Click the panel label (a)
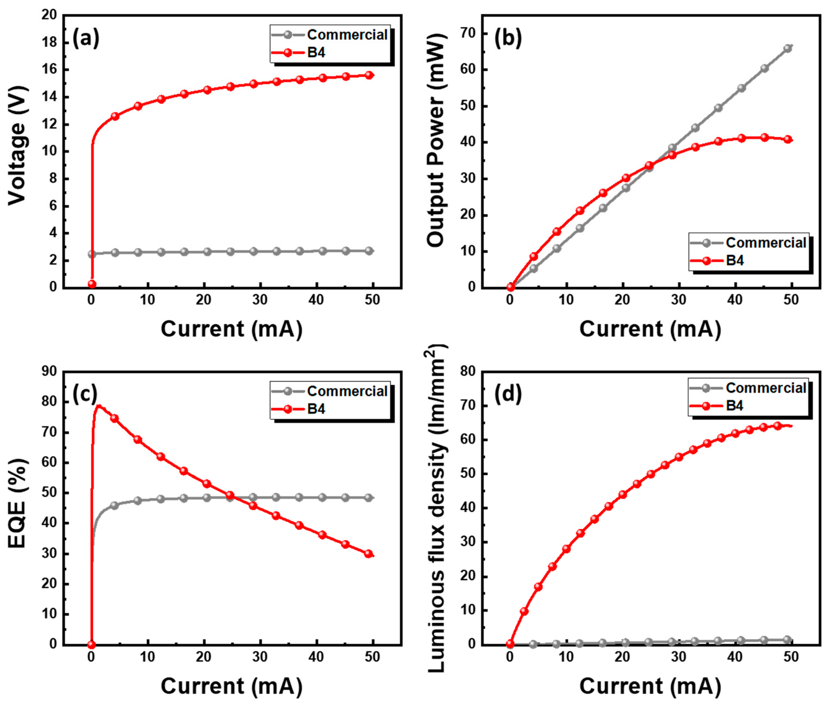click(85, 39)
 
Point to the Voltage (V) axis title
click(17, 146)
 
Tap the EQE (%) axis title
click(17, 503)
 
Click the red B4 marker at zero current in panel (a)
click(92, 284)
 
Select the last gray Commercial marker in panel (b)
click(788, 48)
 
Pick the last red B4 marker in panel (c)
click(369, 554)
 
